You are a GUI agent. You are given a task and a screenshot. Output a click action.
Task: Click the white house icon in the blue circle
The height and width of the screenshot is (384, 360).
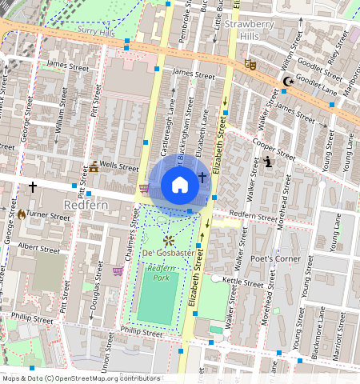180,186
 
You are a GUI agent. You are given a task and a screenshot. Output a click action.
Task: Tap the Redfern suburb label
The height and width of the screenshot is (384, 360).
85,205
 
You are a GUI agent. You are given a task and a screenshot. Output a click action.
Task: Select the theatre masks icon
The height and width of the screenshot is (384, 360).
250,64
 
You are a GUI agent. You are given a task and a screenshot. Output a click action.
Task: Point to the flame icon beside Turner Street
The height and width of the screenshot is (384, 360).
22,214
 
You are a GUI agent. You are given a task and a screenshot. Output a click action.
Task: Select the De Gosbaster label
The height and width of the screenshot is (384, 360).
168,254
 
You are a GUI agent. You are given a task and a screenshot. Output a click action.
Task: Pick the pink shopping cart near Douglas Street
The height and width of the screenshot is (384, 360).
118,271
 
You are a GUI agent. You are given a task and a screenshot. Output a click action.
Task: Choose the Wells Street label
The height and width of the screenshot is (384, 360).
118,168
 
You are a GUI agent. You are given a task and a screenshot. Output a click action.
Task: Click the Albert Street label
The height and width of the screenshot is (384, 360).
38,249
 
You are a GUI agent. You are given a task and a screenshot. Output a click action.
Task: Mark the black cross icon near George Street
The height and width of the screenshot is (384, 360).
33,186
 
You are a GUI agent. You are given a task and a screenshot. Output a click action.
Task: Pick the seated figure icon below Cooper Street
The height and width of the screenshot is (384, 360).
268,162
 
